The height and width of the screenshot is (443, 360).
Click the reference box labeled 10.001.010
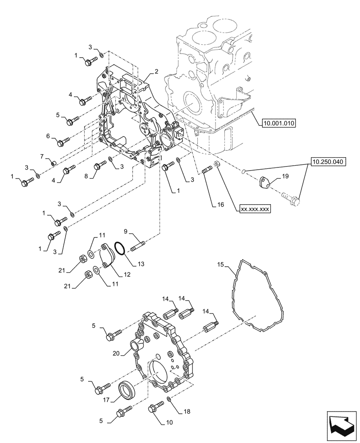[x=281, y=123]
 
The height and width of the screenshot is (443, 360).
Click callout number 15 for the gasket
[x=220, y=265]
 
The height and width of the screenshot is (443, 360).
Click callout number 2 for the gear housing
[x=157, y=71]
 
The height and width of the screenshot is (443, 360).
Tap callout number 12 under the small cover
[x=126, y=275]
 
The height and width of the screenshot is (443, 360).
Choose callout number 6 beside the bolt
[x=48, y=137]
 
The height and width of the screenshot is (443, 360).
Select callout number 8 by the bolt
[x=87, y=176]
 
